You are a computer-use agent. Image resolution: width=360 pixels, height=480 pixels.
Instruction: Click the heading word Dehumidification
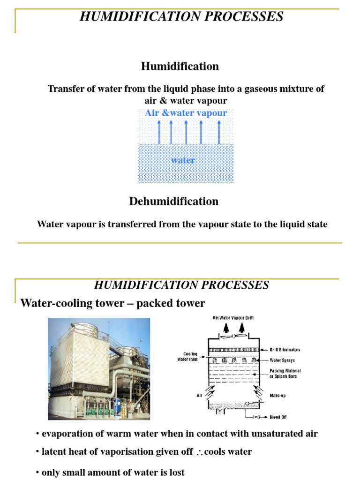[173, 202]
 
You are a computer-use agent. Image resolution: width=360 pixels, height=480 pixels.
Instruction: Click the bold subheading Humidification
[180, 67]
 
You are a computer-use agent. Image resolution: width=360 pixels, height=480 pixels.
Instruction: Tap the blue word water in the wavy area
[183, 160]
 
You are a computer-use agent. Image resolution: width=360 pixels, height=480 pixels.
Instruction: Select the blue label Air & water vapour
[186, 113]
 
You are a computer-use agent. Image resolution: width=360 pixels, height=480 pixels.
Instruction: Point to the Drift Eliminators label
[285, 350]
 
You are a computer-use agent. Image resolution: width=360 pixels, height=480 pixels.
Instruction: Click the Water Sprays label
[282, 360]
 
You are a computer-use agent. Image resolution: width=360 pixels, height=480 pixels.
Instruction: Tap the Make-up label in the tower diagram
[277, 396]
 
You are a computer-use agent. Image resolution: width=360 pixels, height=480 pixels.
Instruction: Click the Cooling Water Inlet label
[187, 357]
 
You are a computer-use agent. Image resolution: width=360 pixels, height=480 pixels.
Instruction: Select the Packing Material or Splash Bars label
[285, 374]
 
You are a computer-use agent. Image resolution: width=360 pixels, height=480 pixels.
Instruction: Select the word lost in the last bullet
[175, 472]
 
